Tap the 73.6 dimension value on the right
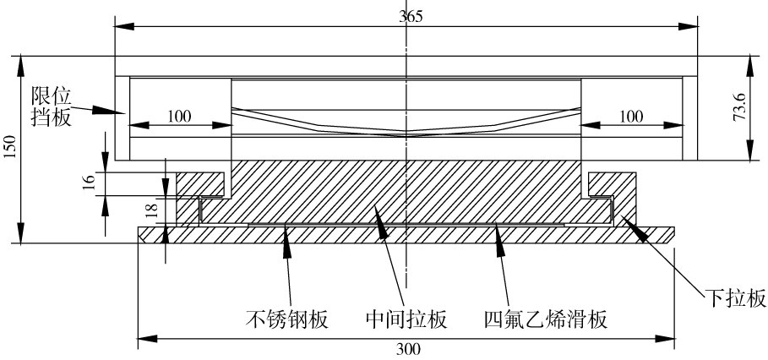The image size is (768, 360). pyautogui.click(x=738, y=108)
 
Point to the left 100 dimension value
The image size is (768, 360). pyautogui.click(x=178, y=117)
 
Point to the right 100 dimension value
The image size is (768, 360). pyautogui.click(x=632, y=117)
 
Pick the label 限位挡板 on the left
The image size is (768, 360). pyautogui.click(x=50, y=105)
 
